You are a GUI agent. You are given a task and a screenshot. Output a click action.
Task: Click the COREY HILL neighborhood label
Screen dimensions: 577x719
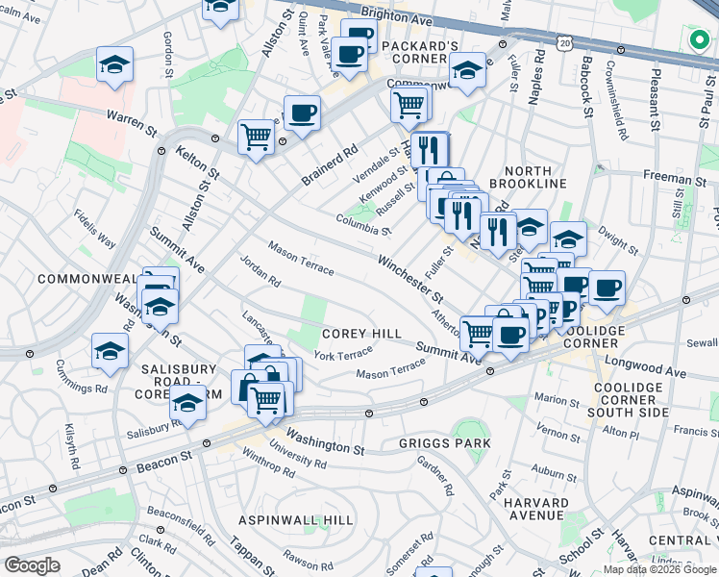pyautogui.click(x=361, y=333)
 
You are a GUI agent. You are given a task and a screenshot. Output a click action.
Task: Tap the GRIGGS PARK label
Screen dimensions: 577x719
pyautogui.click(x=445, y=443)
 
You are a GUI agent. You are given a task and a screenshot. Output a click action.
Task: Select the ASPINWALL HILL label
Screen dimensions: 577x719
pyautogui.click(x=296, y=518)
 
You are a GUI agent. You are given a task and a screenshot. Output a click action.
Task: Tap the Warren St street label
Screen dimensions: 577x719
pyautogui.click(x=132, y=121)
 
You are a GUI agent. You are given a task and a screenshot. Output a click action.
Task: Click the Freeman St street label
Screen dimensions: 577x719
pyautogui.click(x=673, y=175)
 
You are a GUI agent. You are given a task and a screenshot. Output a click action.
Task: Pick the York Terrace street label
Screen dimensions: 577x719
pyautogui.click(x=342, y=356)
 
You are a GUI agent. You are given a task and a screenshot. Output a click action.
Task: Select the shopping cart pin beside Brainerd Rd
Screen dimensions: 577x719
pyautogui.click(x=256, y=137)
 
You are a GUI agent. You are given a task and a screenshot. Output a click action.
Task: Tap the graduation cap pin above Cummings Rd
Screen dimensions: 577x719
pyautogui.click(x=111, y=350)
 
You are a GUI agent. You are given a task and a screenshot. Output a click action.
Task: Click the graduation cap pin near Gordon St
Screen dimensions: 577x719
pyautogui.click(x=114, y=64)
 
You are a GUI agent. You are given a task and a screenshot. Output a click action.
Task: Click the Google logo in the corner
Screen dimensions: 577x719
pyautogui.click(x=32, y=565)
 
